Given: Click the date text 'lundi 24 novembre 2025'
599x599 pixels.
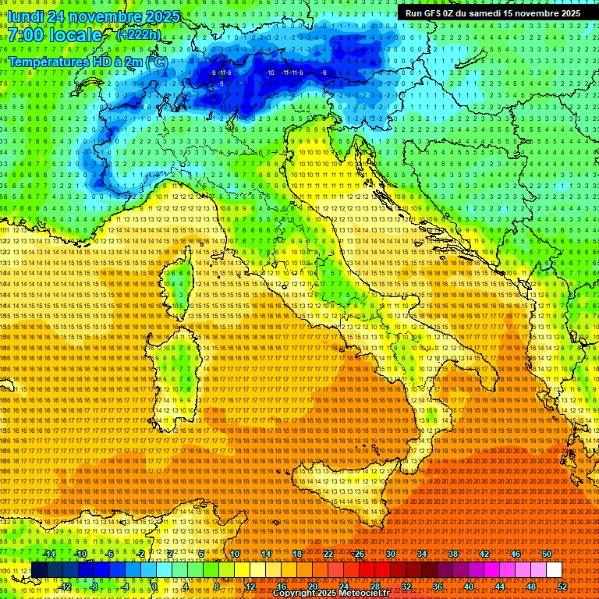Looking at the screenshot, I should [x=96, y=16].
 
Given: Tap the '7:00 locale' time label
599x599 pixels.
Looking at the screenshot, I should [x=55, y=35].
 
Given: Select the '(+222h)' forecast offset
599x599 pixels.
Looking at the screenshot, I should [x=138, y=35].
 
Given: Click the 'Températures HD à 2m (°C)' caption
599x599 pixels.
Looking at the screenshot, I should [x=87, y=62].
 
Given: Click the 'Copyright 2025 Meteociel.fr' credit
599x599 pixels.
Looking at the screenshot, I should [x=331, y=594].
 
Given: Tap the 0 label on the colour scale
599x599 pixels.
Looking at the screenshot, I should [x=154, y=587].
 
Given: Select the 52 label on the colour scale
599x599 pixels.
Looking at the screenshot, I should [x=561, y=587].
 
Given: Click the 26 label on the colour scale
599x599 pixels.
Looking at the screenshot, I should [x=359, y=554].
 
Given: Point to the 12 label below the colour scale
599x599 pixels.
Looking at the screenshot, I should [x=250, y=587].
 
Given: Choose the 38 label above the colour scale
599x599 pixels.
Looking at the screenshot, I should [x=453, y=554].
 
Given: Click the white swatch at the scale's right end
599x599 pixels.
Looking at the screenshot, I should [x=554, y=570].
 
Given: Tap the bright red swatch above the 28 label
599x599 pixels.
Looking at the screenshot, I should [x=374, y=570].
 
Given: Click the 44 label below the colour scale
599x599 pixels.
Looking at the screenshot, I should [x=499, y=587].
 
